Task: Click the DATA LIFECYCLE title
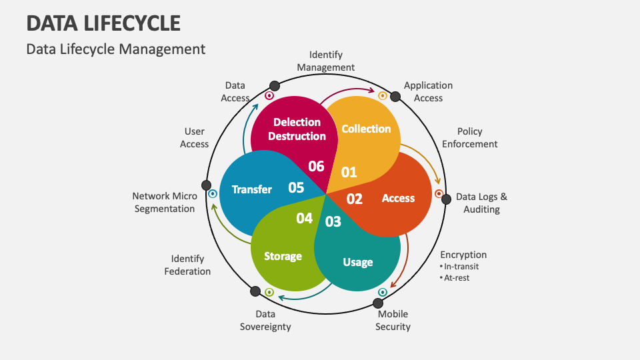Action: coord(103,23)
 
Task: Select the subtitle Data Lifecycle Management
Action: coord(116,49)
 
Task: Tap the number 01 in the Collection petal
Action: coord(349,172)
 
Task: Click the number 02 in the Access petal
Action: coord(355,199)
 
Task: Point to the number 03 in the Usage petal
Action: coord(333,221)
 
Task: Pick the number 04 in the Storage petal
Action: coord(305,218)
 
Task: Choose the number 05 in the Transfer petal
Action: coord(296,188)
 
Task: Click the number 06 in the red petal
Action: coord(317,165)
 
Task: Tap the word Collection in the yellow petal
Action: coord(366,129)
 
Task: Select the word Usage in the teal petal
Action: coord(358,262)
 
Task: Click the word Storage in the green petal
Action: coord(283,256)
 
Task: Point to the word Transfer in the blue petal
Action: coord(252,189)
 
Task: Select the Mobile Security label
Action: coord(393,320)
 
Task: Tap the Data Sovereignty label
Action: coord(265,320)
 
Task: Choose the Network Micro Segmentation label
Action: coord(164,202)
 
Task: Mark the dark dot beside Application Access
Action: coord(395,97)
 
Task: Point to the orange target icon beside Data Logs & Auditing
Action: coord(439,194)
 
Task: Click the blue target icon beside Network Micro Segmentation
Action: coord(213,194)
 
